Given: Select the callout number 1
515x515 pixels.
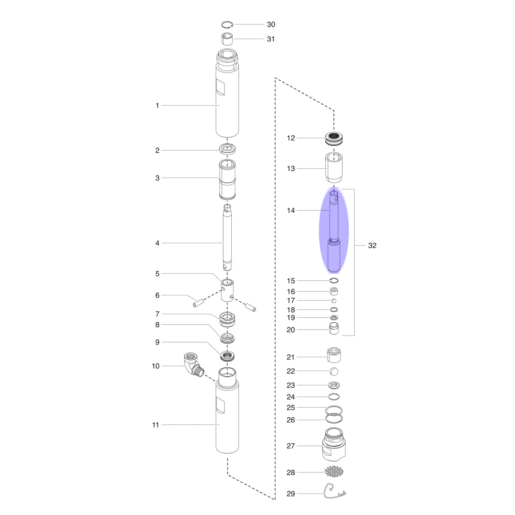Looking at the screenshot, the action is (x=158, y=106).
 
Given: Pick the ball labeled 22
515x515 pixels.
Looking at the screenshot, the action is (x=334, y=371).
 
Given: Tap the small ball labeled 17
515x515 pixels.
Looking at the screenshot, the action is (x=334, y=301).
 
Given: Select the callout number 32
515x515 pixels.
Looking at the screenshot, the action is (x=372, y=245).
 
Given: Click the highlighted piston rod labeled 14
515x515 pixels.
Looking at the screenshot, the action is (x=334, y=231).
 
